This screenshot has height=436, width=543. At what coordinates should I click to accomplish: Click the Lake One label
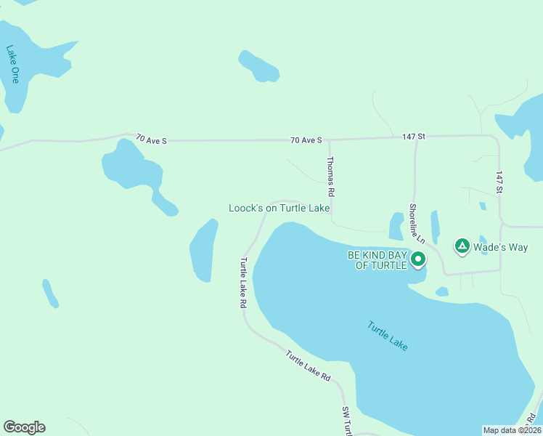[x=12, y=64]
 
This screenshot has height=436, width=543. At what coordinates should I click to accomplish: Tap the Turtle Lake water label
[x=387, y=336]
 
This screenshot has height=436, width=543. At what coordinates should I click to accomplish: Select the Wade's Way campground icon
[x=462, y=246]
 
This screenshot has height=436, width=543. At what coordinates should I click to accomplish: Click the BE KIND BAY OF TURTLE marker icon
[x=417, y=259]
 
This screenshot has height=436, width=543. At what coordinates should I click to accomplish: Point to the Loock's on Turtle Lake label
[x=279, y=208]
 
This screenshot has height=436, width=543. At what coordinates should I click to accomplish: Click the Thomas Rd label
[x=330, y=177]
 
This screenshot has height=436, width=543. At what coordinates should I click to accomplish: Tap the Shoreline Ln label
[x=415, y=222]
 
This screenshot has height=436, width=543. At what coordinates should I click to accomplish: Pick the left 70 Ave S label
[x=151, y=140]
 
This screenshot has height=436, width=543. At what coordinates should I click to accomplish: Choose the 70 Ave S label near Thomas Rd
[x=306, y=140]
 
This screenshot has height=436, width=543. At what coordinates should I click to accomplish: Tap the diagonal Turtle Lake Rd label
[x=308, y=367]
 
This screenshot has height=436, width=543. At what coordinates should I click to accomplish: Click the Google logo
[x=24, y=427]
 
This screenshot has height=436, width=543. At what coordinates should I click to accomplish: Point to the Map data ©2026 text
[x=512, y=430]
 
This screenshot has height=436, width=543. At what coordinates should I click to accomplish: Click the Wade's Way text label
[x=500, y=247]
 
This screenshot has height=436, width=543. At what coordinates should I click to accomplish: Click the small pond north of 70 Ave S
[x=259, y=66]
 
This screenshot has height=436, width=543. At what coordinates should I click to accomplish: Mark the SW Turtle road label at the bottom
[x=347, y=421]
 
